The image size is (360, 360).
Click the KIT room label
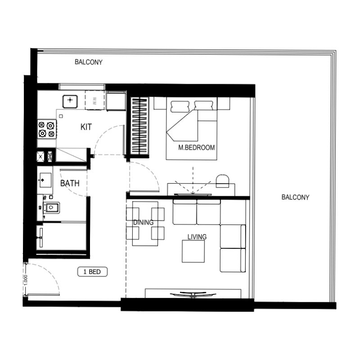point(86,127)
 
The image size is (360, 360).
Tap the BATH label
point(70,183)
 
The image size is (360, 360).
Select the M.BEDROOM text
point(196,148)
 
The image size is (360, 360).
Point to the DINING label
point(144,222)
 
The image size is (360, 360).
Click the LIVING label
point(197,237)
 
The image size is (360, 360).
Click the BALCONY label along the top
point(89,62)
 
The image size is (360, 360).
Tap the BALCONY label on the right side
point(295,197)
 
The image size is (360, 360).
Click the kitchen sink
point(69,101)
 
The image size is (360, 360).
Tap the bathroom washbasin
point(45,180)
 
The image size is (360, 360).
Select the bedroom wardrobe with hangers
point(139,126)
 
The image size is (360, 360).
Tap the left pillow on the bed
point(180,106)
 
